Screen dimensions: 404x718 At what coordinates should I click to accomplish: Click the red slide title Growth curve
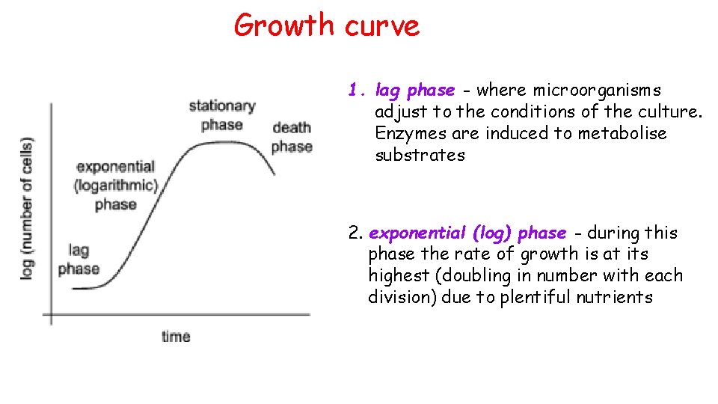(x=327, y=25)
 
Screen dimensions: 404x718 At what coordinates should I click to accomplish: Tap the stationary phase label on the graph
(x=222, y=115)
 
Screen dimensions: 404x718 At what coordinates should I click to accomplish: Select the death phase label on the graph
(x=292, y=137)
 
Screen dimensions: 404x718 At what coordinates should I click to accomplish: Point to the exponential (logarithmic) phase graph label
(x=116, y=186)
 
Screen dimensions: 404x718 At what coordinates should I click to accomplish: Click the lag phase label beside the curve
(x=79, y=260)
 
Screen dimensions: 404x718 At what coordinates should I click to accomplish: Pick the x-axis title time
(x=176, y=337)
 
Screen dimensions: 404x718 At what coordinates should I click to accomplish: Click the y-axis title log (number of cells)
(x=28, y=209)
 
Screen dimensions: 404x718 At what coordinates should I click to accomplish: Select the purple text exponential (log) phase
(x=467, y=233)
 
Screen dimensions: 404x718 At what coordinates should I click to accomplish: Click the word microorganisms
(x=597, y=91)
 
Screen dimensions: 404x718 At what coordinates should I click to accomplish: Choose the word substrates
(x=420, y=156)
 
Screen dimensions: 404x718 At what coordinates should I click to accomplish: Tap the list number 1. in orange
(x=356, y=91)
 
